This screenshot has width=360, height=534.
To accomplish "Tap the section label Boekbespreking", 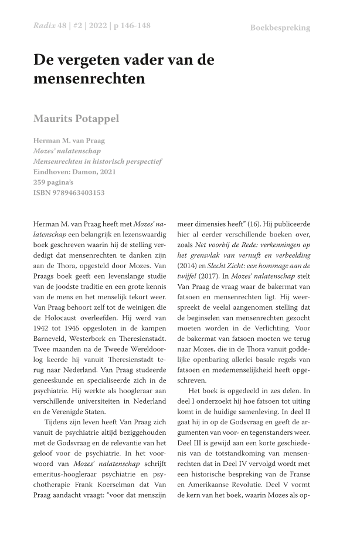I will click(x=280, y=28).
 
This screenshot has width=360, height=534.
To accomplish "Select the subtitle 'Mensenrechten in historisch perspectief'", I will click(x=97, y=161).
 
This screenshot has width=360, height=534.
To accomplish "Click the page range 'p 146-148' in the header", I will click(x=124, y=27).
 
